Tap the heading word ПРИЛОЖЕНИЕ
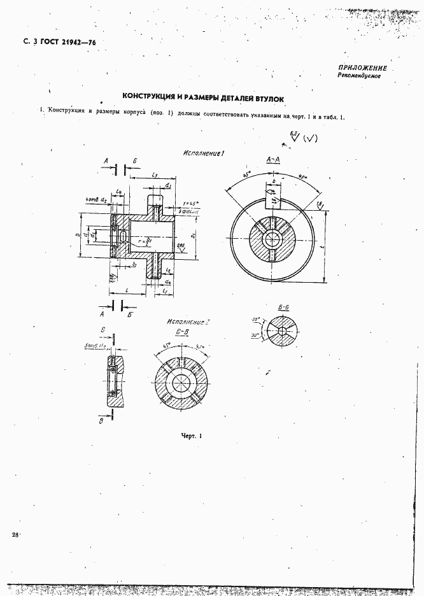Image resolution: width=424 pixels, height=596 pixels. pyautogui.click(x=362, y=67)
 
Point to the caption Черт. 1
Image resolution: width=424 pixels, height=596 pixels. pyautogui.click(x=190, y=436)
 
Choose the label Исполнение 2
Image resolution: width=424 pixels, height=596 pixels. pyautogui.click(x=188, y=322)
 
